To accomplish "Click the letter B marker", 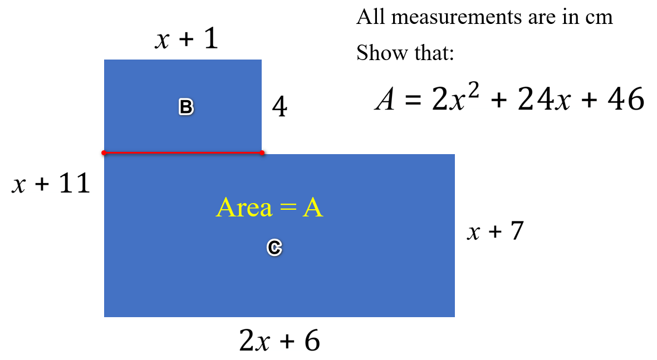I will click(x=186, y=107).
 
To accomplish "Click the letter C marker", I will click(x=274, y=248).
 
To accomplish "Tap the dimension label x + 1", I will click(x=187, y=40).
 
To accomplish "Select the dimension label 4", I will click(x=280, y=107).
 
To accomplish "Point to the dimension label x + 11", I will click(x=51, y=184).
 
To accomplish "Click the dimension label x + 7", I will click(x=496, y=230).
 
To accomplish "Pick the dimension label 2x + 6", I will click(x=280, y=340).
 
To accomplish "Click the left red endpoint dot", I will click(x=104, y=152).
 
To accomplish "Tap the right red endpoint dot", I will click(x=262, y=152).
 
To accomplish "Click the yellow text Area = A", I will click(x=269, y=208).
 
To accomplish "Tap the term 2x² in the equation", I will click(x=450, y=100).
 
